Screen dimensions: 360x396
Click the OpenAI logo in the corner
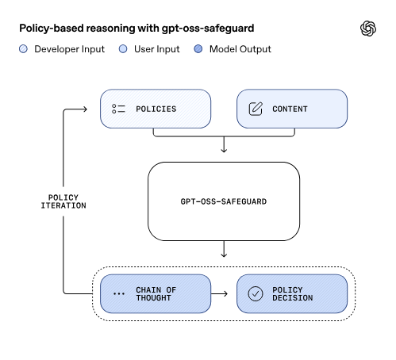point(367,29)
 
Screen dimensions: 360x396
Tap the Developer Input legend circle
point(23,49)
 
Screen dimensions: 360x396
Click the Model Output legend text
point(240,49)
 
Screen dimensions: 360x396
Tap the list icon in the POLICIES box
point(119,109)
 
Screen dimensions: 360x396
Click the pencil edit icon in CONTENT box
point(256,109)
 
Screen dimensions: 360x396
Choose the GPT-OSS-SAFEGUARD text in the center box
point(224,201)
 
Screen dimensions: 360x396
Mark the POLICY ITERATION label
point(63,201)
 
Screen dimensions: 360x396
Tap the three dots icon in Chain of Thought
point(119,293)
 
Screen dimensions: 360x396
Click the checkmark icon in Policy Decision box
point(256,293)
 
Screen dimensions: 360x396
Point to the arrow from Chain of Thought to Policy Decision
point(224,293)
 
